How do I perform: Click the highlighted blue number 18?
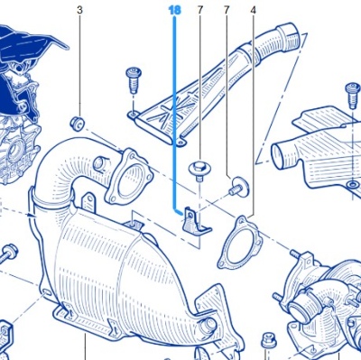pyautogui.click(x=175, y=10)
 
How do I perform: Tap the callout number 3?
pyautogui.click(x=79, y=10)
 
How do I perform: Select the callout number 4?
pyautogui.click(x=253, y=11)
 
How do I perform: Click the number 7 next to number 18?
pyautogui.click(x=200, y=10)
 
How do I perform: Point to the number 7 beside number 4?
pyautogui.click(x=227, y=10)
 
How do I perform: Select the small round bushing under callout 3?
pyautogui.click(x=78, y=123)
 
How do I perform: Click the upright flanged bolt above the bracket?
pyautogui.click(x=199, y=171)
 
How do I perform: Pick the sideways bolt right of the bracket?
pyautogui.click(x=240, y=187)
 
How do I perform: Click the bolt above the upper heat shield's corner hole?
pyautogui.click(x=134, y=79)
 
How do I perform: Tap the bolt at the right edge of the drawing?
pyautogui.click(x=353, y=95)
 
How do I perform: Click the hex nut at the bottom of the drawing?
pyautogui.click(x=268, y=340)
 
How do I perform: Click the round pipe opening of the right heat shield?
pyautogui.click(x=282, y=157)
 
